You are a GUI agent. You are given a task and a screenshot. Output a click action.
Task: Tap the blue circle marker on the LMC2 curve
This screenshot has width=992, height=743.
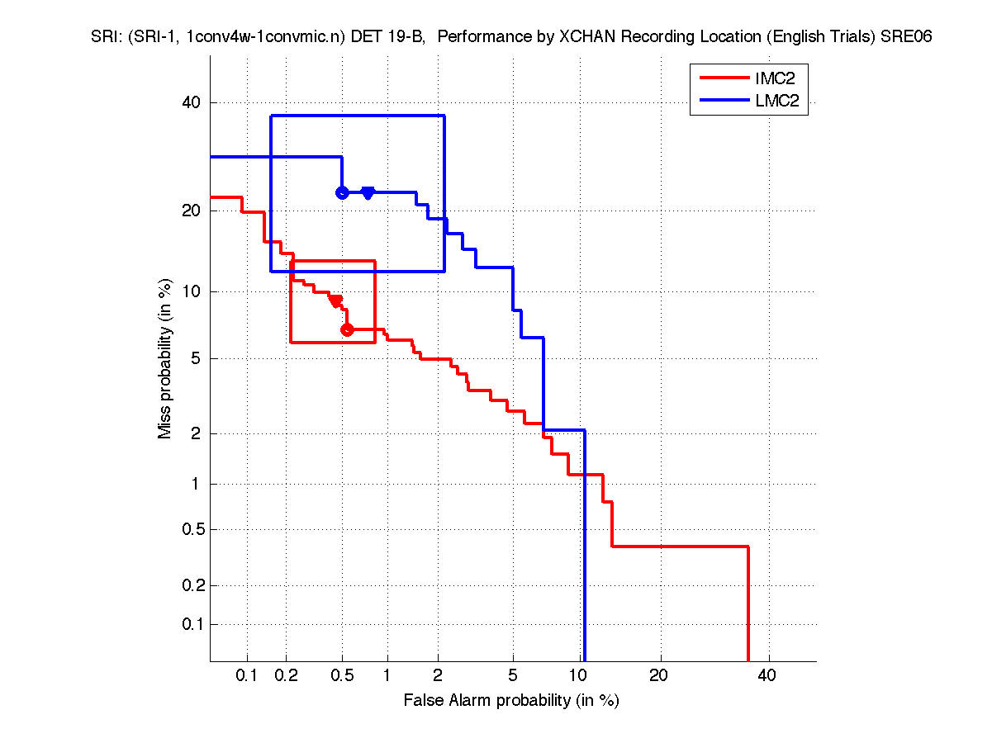(342, 192)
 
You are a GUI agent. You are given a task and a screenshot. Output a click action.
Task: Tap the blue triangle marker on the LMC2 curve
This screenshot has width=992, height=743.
(368, 193)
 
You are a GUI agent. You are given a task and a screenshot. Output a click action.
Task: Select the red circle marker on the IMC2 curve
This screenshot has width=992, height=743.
(347, 329)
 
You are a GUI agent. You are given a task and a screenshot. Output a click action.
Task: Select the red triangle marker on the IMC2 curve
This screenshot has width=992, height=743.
(336, 301)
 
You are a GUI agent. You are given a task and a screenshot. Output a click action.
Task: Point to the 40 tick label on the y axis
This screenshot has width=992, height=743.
(192, 102)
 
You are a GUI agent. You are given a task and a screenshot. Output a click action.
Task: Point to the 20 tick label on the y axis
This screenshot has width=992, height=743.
(192, 211)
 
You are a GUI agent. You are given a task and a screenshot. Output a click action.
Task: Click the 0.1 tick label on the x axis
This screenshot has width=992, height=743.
(247, 676)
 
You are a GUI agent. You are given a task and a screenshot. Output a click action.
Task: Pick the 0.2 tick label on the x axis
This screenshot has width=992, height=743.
(287, 676)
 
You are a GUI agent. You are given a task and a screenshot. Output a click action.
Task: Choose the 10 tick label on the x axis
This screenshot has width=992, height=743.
(581, 676)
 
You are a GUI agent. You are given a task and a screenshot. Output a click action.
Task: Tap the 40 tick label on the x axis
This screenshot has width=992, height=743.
(767, 676)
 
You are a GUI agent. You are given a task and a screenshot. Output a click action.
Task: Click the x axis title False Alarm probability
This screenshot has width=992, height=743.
(511, 701)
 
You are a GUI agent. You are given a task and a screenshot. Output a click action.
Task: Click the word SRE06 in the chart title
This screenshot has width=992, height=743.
(907, 37)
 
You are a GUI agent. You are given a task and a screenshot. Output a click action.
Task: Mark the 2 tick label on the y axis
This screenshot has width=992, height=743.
(196, 433)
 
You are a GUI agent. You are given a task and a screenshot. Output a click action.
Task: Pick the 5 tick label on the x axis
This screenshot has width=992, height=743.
(513, 676)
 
